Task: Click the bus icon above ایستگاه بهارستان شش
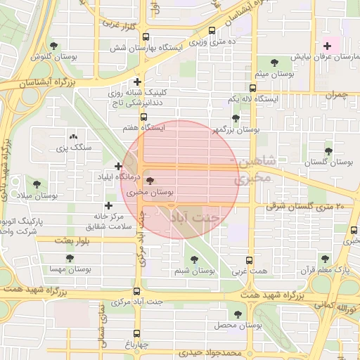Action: pyautogui.click(x=146, y=37)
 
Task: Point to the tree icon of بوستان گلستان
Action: pyautogui.click(x=328, y=151)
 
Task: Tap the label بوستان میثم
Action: pyautogui.click(x=274, y=73)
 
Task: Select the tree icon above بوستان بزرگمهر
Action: pyautogui.click(x=235, y=119)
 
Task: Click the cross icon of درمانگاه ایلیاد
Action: pyautogui.click(x=118, y=166)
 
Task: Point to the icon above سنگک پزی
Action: pyautogui.click(x=73, y=137)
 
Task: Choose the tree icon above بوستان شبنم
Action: pyautogui.click(x=193, y=259)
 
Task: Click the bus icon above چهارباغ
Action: pyautogui.click(x=136, y=334)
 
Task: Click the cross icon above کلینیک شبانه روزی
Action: pyautogui.click(x=138, y=82)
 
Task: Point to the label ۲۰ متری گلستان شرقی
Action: pyautogui.click(x=304, y=207)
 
